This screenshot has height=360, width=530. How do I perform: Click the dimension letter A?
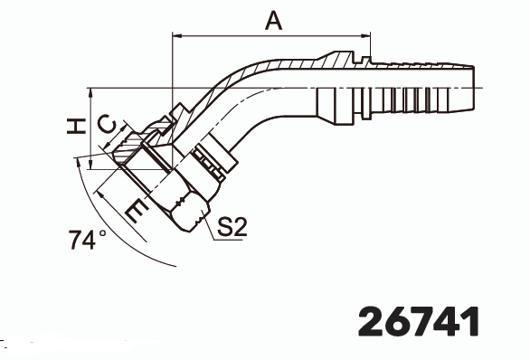270,21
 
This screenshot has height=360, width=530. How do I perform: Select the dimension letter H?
80,126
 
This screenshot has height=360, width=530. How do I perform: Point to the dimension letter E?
136,211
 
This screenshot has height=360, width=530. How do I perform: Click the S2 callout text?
232,227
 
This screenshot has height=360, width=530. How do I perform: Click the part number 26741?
418,320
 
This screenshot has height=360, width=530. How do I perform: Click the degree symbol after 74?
103,233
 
